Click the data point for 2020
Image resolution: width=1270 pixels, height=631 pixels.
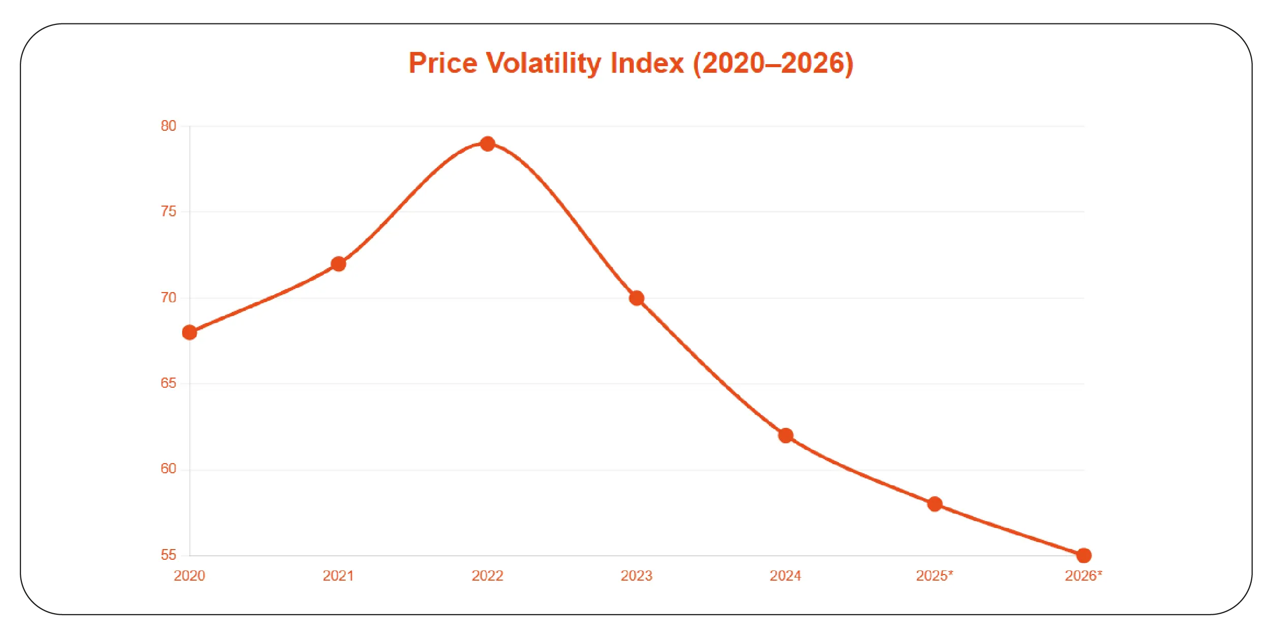point(189,332)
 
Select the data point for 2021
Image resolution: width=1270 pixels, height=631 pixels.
point(338,264)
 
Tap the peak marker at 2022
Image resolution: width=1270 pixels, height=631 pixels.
point(488,144)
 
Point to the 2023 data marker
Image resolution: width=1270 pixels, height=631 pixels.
point(637,298)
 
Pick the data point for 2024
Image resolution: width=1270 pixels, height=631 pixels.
point(786,436)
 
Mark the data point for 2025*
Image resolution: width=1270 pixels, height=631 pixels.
point(935,504)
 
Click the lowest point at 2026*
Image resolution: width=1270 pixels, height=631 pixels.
point(1084,555)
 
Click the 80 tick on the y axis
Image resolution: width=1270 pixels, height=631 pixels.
point(168,126)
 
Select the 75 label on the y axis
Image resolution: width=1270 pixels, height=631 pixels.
point(168,211)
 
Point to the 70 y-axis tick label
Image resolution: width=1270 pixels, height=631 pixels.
point(168,298)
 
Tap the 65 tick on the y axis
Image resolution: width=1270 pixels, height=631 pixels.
point(168,383)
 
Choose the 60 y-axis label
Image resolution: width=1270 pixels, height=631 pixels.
point(168,469)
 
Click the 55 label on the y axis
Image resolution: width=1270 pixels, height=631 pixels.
point(168,555)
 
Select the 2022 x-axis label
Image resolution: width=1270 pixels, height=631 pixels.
point(487,576)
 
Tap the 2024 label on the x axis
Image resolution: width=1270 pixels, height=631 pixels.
point(785,576)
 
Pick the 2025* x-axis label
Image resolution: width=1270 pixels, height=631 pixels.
point(934,576)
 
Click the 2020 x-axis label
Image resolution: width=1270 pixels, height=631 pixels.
point(189,576)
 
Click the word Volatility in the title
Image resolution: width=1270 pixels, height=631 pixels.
point(543,64)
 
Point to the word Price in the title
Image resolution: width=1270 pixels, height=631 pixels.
point(443,64)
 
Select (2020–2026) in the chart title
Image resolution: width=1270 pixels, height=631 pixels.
point(773,64)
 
